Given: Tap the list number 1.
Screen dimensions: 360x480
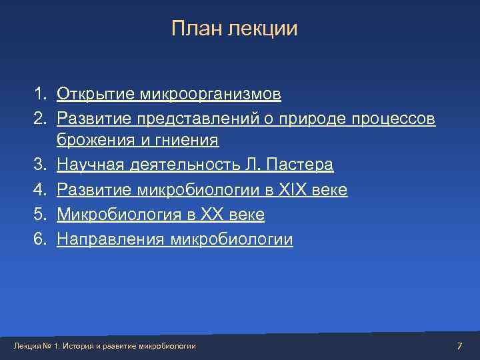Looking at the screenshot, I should pyautogui.click(x=41, y=94).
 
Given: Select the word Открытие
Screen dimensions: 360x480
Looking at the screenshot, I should pyautogui.click(x=96, y=95).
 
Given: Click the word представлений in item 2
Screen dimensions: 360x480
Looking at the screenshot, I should pyautogui.click(x=189, y=119).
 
